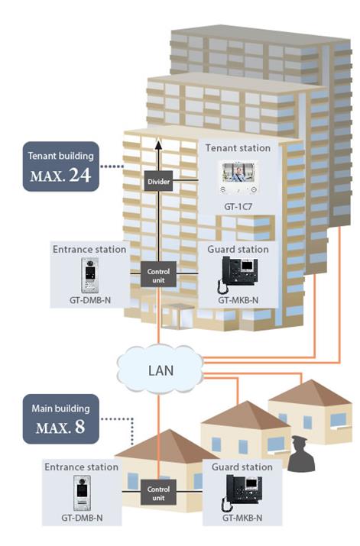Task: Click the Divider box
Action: click(158, 181)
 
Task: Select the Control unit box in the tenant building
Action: click(158, 274)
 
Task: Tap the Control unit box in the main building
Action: click(158, 492)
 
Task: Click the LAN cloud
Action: click(161, 369)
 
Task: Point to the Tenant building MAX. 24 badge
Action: click(61, 166)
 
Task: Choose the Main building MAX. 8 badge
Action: click(61, 419)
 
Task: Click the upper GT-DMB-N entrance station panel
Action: click(90, 276)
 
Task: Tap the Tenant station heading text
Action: click(238, 148)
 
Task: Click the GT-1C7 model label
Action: click(238, 206)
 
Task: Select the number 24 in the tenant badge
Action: click(80, 175)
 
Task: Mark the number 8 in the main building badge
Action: click(80, 427)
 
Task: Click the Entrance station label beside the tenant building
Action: click(89, 249)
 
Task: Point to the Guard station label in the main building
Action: click(242, 467)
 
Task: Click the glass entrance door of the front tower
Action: click(178, 316)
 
